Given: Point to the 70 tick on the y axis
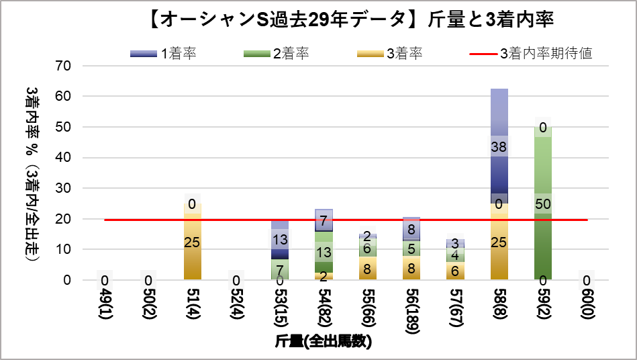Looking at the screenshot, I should pyautogui.click(x=64, y=66).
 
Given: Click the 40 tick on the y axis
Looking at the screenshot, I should pyautogui.click(x=64, y=157).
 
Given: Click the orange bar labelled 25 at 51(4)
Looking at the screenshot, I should pyautogui.click(x=193, y=242).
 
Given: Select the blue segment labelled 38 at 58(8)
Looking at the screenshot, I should pyautogui.click(x=499, y=146).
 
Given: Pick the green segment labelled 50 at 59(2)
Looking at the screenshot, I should pyautogui.click(x=542, y=204).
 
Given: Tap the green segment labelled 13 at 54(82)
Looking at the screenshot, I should pyautogui.click(x=324, y=252).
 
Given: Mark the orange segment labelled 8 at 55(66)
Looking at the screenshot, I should pyautogui.click(x=367, y=268).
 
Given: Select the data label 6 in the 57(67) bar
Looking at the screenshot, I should pyautogui.click(x=455, y=271).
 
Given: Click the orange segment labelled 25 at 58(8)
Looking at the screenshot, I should pyautogui.click(x=499, y=242).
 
